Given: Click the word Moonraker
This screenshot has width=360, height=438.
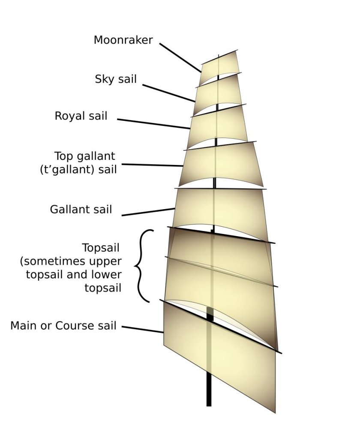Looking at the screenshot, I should coord(123,40).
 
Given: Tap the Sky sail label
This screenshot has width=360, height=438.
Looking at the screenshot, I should coord(116,79).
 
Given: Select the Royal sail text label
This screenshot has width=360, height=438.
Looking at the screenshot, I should coord(81,116).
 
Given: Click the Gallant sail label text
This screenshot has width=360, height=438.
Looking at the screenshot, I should coord(81,210).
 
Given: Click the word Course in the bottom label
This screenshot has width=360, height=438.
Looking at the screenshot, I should coord(73,326).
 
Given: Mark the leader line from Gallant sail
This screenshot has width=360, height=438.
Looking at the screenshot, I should coord(148,212).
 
